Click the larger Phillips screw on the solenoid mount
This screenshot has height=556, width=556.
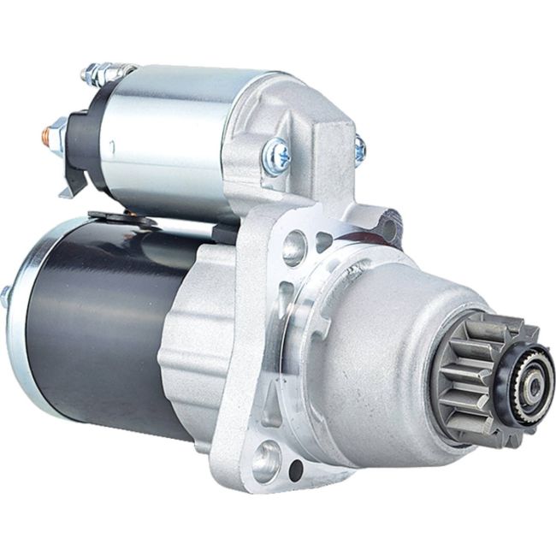276,156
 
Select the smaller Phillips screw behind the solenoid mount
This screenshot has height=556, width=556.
360,150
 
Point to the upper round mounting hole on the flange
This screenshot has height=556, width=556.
293,246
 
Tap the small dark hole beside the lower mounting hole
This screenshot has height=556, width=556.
295,470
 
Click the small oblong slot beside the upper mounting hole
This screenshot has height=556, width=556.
323,242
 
